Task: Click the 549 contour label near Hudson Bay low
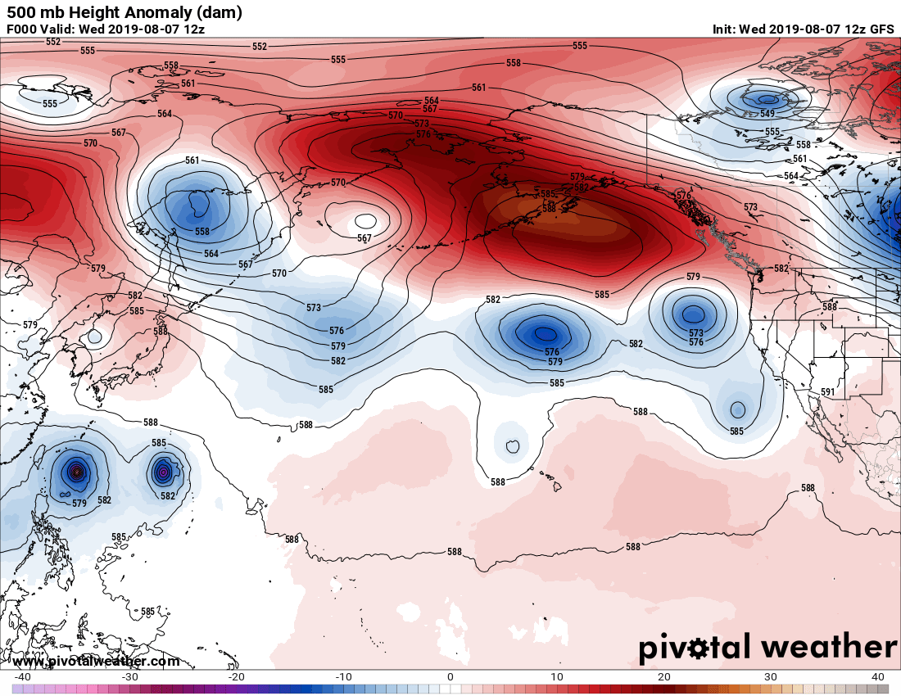tap(767, 114)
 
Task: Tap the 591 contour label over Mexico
tap(828, 392)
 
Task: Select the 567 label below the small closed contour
tap(364, 238)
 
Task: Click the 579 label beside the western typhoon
tap(79, 504)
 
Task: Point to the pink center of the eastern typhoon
tap(163, 472)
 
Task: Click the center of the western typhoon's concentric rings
tap(77, 471)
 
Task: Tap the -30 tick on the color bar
tap(129, 676)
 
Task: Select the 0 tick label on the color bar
tap(450, 676)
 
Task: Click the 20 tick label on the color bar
tap(664, 676)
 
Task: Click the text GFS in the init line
tap(881, 29)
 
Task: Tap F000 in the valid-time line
tap(23, 29)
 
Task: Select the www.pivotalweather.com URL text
tap(96, 661)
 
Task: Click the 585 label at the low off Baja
tap(737, 431)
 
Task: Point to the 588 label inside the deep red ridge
tap(549, 209)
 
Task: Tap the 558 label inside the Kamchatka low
tap(202, 232)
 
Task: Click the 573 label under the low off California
tap(696, 333)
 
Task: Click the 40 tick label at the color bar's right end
tap(879, 676)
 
